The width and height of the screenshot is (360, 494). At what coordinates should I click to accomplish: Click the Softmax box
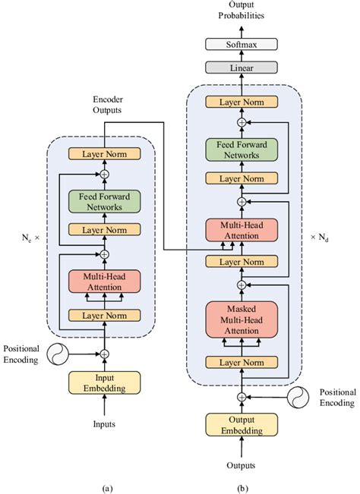click(242, 45)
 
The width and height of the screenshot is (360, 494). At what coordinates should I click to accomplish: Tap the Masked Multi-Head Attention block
click(242, 319)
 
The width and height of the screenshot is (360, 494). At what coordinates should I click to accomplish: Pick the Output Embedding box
click(242, 426)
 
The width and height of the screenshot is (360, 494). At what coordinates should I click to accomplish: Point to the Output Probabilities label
click(242, 11)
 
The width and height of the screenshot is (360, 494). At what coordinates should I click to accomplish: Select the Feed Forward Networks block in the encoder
click(105, 200)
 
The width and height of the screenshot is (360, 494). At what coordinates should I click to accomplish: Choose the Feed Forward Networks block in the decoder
click(242, 149)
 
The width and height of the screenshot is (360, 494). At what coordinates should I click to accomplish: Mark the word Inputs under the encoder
click(105, 424)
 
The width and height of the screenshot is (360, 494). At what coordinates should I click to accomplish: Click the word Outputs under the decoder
click(242, 464)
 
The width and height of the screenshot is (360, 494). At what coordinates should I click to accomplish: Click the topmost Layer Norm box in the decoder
click(242, 102)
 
